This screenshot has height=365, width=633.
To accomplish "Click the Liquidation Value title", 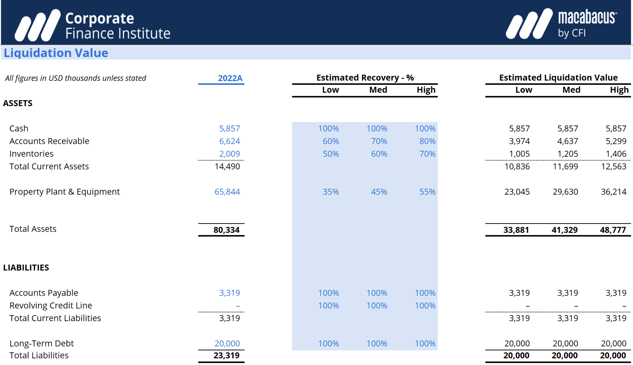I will (x=56, y=53).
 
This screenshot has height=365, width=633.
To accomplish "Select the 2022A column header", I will (x=230, y=78).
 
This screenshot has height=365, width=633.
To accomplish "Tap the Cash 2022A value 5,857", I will (x=229, y=128).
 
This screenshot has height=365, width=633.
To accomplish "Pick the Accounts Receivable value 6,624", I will (x=229, y=141).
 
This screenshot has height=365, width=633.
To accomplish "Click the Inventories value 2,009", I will (x=229, y=154).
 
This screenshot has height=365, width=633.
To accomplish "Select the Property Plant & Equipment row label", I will (x=64, y=192).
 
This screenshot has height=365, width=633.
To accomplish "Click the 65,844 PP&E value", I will (x=227, y=192).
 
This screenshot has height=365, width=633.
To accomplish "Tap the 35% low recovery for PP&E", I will (x=331, y=192).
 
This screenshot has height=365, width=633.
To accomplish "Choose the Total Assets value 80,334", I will (x=226, y=230).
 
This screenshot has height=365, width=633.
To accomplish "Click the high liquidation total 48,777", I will (x=613, y=230).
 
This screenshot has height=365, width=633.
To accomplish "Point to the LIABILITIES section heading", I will (x=26, y=268).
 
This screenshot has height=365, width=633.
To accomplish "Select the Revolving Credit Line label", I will (x=51, y=306).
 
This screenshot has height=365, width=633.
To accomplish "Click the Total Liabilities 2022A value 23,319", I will (x=226, y=355).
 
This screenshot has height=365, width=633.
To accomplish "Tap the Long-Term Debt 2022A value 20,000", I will (x=227, y=343).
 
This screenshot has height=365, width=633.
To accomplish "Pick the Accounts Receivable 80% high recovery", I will (x=427, y=141).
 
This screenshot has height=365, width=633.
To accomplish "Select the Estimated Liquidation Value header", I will (x=558, y=78).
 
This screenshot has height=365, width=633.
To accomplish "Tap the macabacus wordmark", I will (x=587, y=18).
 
